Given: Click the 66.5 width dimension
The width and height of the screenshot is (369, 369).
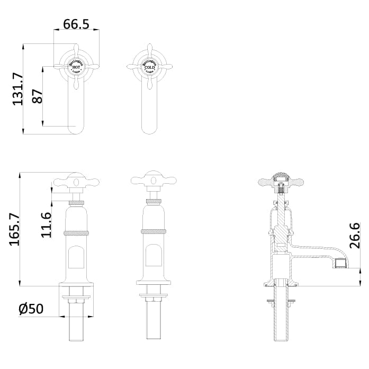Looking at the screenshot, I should (76, 24).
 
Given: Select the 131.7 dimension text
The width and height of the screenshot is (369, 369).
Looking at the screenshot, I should (17, 88).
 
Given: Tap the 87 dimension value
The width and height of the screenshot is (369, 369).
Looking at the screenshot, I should (37, 96).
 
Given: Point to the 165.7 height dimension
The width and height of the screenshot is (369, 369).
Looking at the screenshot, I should (14, 229).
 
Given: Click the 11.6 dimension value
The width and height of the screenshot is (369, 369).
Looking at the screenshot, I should (46, 224).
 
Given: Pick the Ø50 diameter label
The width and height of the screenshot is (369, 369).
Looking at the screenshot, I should (31, 309).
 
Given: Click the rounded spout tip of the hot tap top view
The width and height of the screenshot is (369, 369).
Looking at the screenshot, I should (76, 128).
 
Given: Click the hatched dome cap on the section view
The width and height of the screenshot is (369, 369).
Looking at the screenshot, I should (281, 177).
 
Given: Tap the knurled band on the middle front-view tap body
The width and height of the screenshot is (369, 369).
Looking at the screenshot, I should (154, 231).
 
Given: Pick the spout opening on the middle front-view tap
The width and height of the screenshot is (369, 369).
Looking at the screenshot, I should (154, 255).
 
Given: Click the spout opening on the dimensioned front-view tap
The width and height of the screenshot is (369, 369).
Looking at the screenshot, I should (77, 255).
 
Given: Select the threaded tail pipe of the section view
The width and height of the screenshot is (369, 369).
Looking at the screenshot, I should (281, 323).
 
